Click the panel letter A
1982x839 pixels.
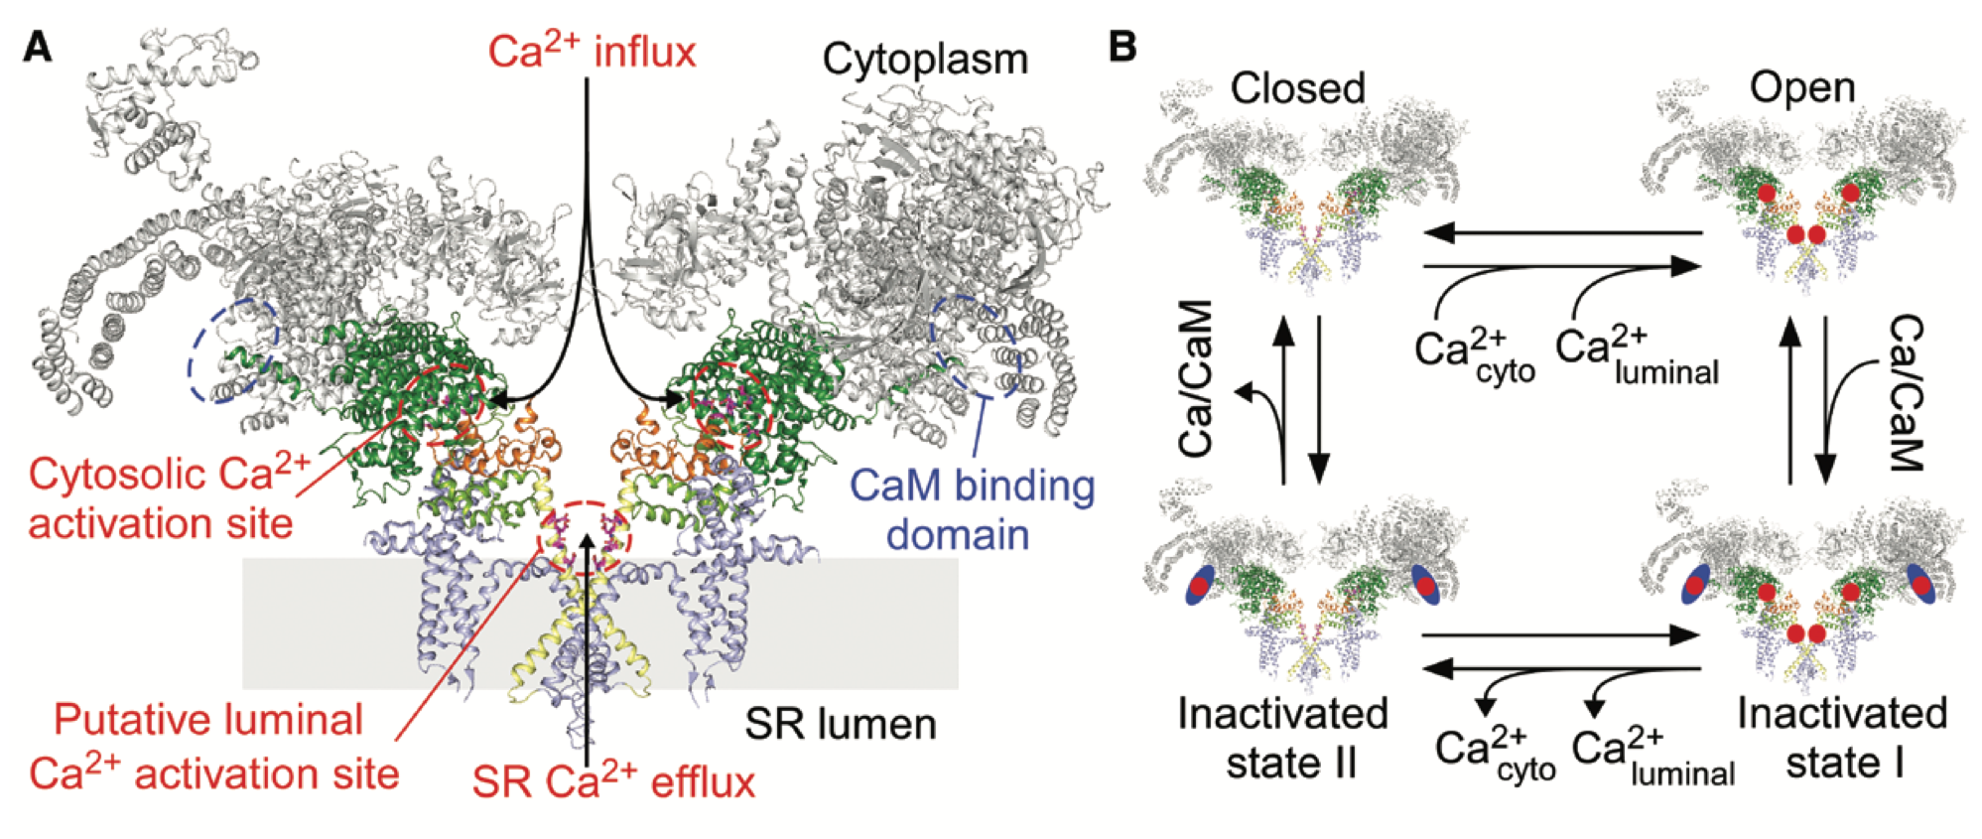(38, 47)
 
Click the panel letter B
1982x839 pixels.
(1122, 47)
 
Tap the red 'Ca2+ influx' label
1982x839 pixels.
(593, 52)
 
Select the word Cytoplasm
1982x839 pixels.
(925, 60)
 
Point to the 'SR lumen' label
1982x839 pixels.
(841, 724)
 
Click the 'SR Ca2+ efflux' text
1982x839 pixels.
(613, 781)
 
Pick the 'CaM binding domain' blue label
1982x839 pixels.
(973, 509)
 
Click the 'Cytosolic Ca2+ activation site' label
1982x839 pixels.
(169, 498)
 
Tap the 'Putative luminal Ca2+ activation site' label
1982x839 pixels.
(213, 747)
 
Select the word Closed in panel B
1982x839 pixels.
(1297, 88)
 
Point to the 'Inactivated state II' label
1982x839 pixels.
(1283, 739)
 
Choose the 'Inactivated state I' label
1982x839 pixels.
(1842, 739)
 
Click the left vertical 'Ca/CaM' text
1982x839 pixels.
(1197, 378)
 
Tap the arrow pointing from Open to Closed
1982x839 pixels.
(1563, 234)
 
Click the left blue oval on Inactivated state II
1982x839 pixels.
(1200, 586)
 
